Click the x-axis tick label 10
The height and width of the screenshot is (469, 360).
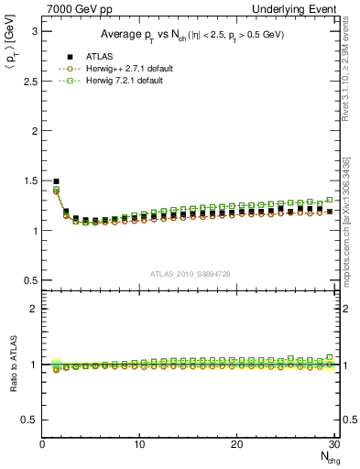tap(139, 444)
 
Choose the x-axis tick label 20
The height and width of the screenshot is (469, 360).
tap(236, 444)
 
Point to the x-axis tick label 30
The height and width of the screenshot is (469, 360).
tap(333, 444)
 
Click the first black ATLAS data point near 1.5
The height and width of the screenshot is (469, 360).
tap(56, 181)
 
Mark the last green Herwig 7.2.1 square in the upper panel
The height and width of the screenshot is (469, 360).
tap(330, 200)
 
